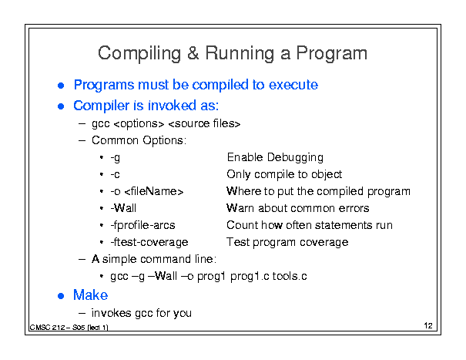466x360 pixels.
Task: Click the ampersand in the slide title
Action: tap(193, 53)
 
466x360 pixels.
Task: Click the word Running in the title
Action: tap(240, 54)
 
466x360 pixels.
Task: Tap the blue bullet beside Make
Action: tap(61, 296)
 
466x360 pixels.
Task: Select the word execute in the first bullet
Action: tap(293, 85)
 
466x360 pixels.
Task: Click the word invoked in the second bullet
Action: tap(172, 106)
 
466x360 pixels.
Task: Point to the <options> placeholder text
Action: tap(139, 124)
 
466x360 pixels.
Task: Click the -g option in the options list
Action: tap(116, 158)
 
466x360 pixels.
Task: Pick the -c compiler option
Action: tap(115, 175)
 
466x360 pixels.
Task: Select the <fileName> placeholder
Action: tap(154, 191)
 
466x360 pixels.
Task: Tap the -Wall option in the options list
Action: tap(123, 208)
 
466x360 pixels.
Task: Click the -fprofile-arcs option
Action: tap(142, 225)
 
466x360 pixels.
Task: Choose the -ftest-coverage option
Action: tap(149, 242)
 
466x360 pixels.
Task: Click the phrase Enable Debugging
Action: tap(275, 157)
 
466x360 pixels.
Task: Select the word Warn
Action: tap(240, 208)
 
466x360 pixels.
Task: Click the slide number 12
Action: tap(428, 326)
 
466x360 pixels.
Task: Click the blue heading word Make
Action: tap(90, 295)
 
